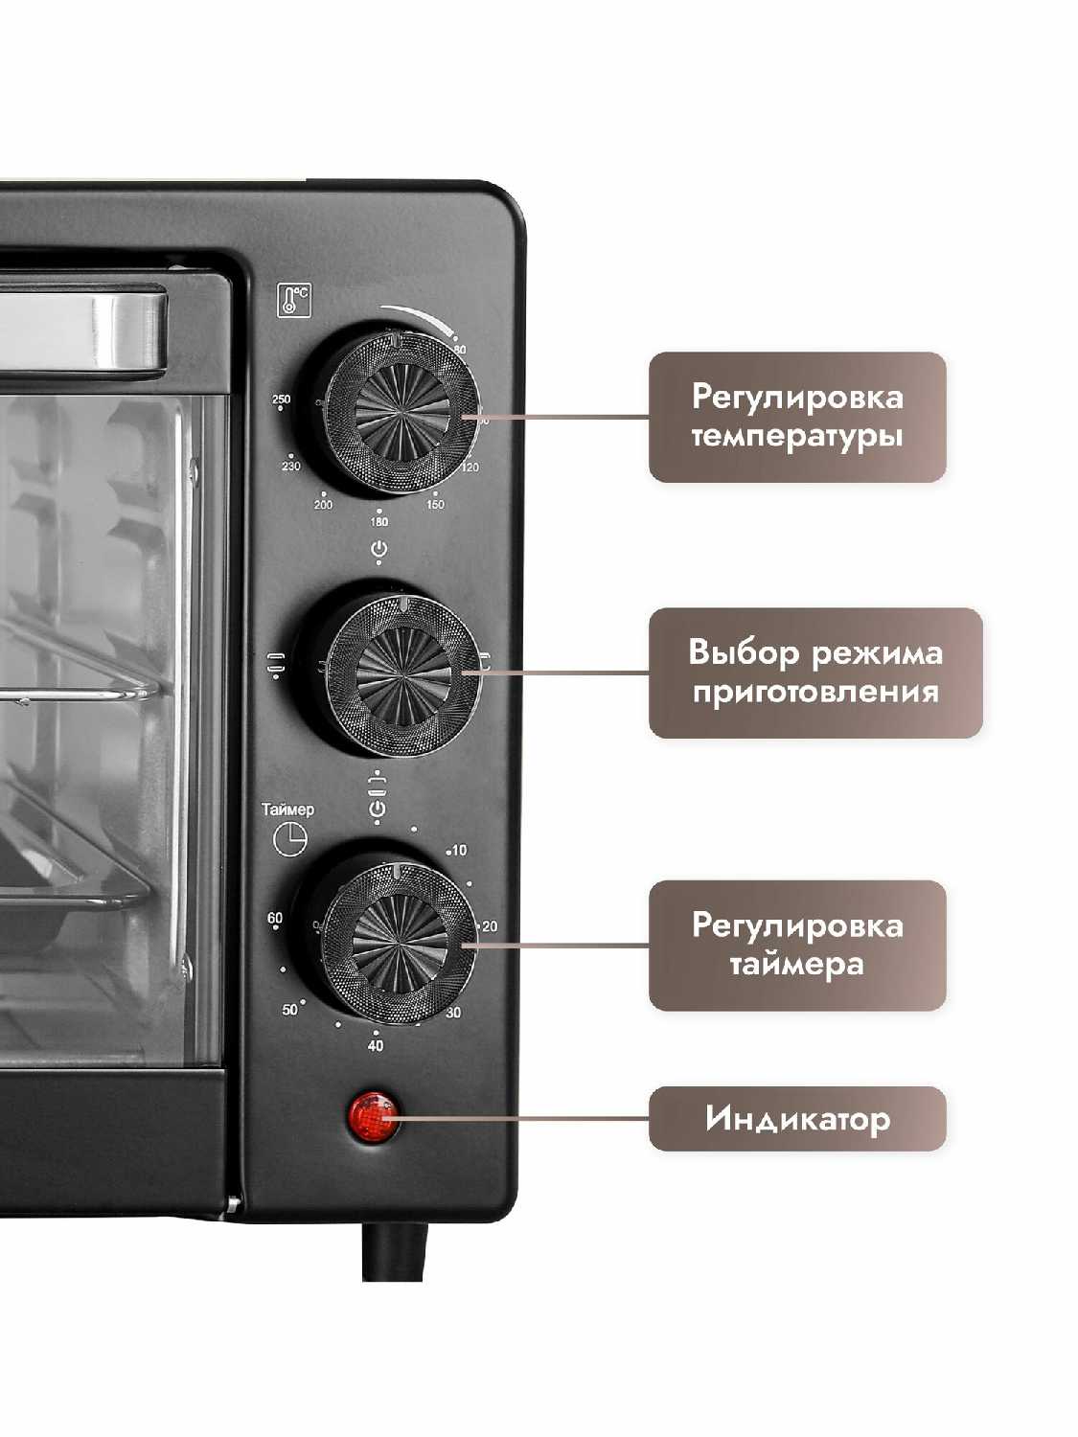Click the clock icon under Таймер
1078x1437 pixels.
(290, 839)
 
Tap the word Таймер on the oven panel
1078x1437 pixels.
(287, 810)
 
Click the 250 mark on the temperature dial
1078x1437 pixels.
(281, 399)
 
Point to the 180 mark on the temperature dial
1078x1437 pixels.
(379, 521)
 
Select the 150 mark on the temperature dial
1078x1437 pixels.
(435, 504)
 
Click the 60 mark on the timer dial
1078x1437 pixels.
(275, 918)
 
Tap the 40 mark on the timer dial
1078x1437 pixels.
(376, 1045)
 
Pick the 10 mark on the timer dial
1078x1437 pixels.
(459, 850)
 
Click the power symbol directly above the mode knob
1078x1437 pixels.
(379, 549)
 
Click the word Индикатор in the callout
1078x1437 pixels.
(797, 1118)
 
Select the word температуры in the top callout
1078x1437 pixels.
(797, 437)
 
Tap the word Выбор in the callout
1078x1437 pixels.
(744, 652)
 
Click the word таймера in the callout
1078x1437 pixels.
(797, 964)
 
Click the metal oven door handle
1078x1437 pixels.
(86, 331)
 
